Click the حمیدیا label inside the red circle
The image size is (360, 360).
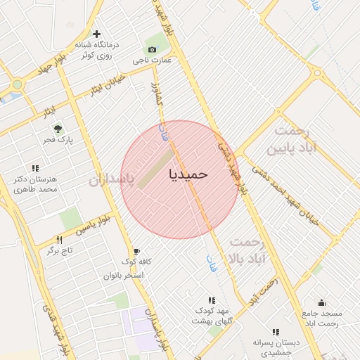(188, 174)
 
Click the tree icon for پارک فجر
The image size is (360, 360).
(58, 129)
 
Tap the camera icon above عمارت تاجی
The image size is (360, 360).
(152, 49)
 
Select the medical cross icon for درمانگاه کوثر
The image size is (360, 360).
(96, 34)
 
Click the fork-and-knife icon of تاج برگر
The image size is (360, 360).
(59, 240)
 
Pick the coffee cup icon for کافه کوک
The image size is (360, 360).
(136, 251)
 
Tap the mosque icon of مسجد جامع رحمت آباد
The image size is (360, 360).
(321, 303)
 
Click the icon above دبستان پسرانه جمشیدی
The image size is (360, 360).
(275, 331)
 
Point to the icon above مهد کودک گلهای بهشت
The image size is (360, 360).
(212, 300)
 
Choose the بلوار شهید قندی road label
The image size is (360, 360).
(55, 328)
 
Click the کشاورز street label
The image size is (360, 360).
(158, 98)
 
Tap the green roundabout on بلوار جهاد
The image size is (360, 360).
(17, 84)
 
